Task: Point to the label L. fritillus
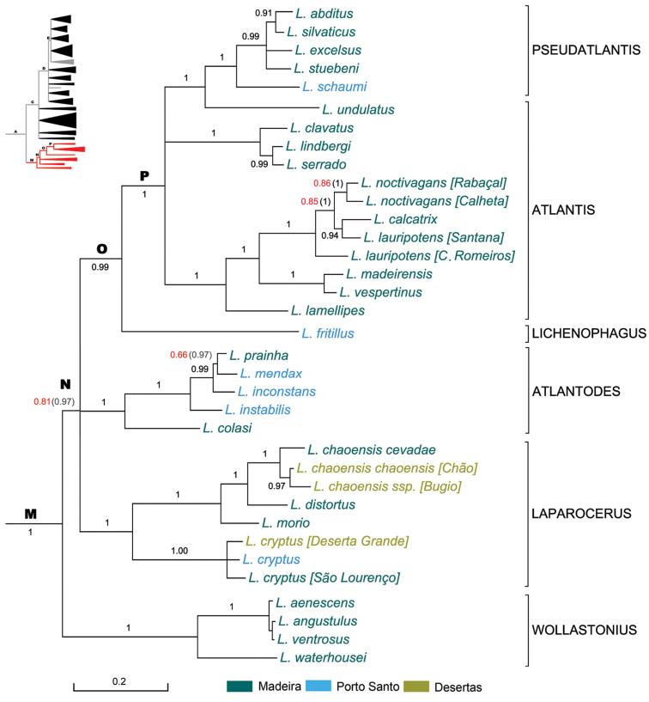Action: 328,333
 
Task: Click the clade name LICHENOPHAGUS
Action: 588,333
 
